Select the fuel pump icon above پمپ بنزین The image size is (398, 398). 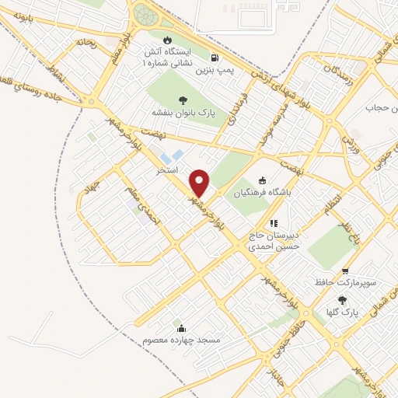point(215,58)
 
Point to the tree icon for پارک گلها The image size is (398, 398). point(342,299)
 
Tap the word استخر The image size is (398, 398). point(167,169)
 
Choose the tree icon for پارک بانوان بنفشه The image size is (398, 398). point(182,99)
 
